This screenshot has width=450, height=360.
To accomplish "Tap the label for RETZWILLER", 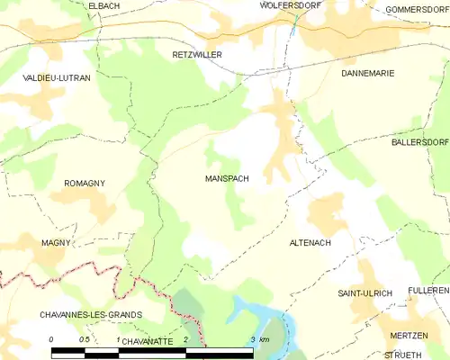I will point(196,55).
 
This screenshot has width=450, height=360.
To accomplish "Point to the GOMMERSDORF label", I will point(416,9).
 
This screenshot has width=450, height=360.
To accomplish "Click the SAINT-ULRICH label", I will point(362,294).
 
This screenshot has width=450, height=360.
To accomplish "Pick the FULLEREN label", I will point(428,291).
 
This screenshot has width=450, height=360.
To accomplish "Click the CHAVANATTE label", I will point(145,341).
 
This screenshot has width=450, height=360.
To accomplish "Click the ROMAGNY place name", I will point(85,184).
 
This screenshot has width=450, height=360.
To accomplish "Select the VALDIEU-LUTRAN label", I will point(56,79).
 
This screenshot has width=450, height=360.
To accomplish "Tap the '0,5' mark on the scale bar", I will point(84,339).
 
